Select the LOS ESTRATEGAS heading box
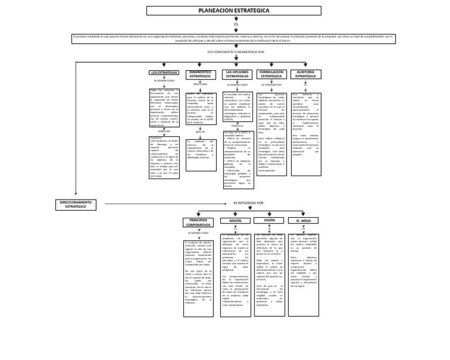coord(164,73)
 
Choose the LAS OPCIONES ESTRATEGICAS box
coord(237,74)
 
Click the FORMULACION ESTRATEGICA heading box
coord(271,75)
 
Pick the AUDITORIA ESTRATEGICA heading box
coord(305,74)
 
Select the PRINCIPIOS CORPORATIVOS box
coord(198,222)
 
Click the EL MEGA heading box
coord(304,220)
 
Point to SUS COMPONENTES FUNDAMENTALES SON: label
coord(236,52)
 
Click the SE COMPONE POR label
coord(271,84)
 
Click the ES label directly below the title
coord(236,25)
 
